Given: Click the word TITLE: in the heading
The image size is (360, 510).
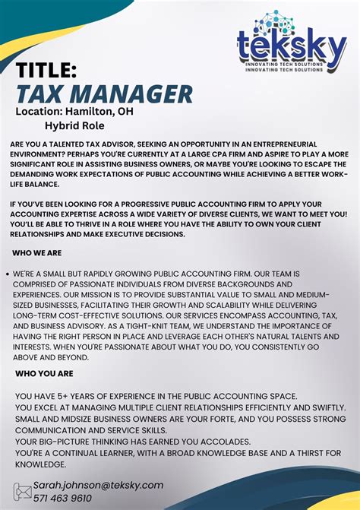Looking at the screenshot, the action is (x=46, y=71).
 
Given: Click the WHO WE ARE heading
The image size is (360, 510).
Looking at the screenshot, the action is (x=36, y=252).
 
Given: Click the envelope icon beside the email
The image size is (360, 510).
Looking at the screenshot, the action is (x=22, y=491).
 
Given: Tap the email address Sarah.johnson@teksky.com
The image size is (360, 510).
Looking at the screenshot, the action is (x=98, y=484).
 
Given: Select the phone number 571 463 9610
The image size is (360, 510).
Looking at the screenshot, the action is (x=62, y=498).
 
